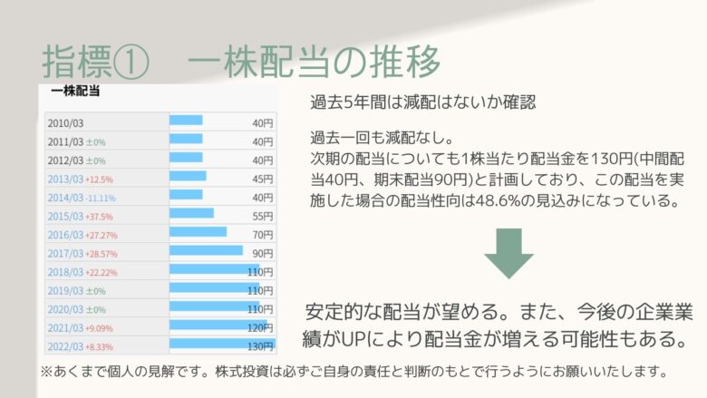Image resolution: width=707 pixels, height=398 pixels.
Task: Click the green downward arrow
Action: pyautogui.click(x=508, y=253)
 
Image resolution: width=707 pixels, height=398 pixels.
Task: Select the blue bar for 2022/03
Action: pyautogui.click(x=222, y=344)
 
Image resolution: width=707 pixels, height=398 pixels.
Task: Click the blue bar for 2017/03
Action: pyautogui.click(x=206, y=250)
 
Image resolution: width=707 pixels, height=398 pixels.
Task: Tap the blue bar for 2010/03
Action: pyautogui.click(x=186, y=120)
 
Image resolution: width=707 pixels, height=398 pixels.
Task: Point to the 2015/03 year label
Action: pyautogui.click(x=65, y=217)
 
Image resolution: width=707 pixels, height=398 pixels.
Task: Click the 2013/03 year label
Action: pyautogui.click(x=65, y=179)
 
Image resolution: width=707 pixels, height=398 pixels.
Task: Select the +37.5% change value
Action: pyautogui.click(x=99, y=217)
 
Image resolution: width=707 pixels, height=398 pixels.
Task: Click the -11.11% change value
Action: pyautogui.click(x=101, y=199)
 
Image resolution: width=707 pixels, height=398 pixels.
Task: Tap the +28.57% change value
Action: pyautogui.click(x=101, y=254)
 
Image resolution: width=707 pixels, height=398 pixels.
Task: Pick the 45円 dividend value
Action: pyautogui.click(x=263, y=179)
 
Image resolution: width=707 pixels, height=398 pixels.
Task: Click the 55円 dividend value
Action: pyautogui.click(x=263, y=217)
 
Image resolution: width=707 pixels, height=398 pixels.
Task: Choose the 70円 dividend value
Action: pyautogui.click(x=263, y=235)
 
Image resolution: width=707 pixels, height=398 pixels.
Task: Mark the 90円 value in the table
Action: pyautogui.click(x=263, y=253)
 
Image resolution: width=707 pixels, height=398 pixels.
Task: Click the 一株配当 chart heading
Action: pyautogui.click(x=75, y=91)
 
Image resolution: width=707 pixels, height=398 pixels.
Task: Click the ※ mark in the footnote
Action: pyautogui.click(x=47, y=372)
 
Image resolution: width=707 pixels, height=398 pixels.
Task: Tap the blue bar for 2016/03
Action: pyautogui.click(x=198, y=232)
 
